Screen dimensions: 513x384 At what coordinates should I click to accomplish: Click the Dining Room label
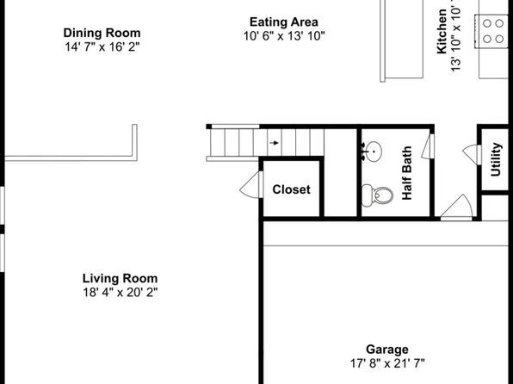point(102,33)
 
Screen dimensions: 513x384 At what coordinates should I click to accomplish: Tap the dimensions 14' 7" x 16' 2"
point(102,46)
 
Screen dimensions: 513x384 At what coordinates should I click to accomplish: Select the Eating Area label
point(284,22)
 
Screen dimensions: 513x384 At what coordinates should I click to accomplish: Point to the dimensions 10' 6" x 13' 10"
point(284,36)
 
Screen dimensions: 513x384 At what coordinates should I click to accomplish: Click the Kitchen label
point(442,32)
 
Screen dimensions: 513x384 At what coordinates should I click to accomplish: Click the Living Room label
point(120,278)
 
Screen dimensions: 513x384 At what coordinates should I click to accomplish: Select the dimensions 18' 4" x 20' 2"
point(120,292)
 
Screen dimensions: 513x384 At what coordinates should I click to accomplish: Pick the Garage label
point(387,350)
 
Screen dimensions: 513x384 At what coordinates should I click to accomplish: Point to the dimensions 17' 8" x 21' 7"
point(387,363)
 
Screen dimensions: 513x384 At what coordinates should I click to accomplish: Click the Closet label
point(291,189)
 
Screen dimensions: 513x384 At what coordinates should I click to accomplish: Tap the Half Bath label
point(406,173)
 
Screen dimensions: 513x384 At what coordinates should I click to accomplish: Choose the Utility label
point(496,159)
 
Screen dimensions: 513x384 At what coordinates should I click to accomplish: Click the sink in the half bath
point(372,152)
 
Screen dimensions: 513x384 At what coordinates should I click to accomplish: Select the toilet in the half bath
point(377,195)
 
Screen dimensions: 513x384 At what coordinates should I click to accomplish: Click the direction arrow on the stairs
point(275,143)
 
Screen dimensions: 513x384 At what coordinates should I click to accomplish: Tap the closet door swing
point(251,185)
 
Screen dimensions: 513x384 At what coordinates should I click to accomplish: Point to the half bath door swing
point(427,146)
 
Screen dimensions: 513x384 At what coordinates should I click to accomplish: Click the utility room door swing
point(472,154)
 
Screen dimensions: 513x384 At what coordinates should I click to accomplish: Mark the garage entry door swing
point(457,207)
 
